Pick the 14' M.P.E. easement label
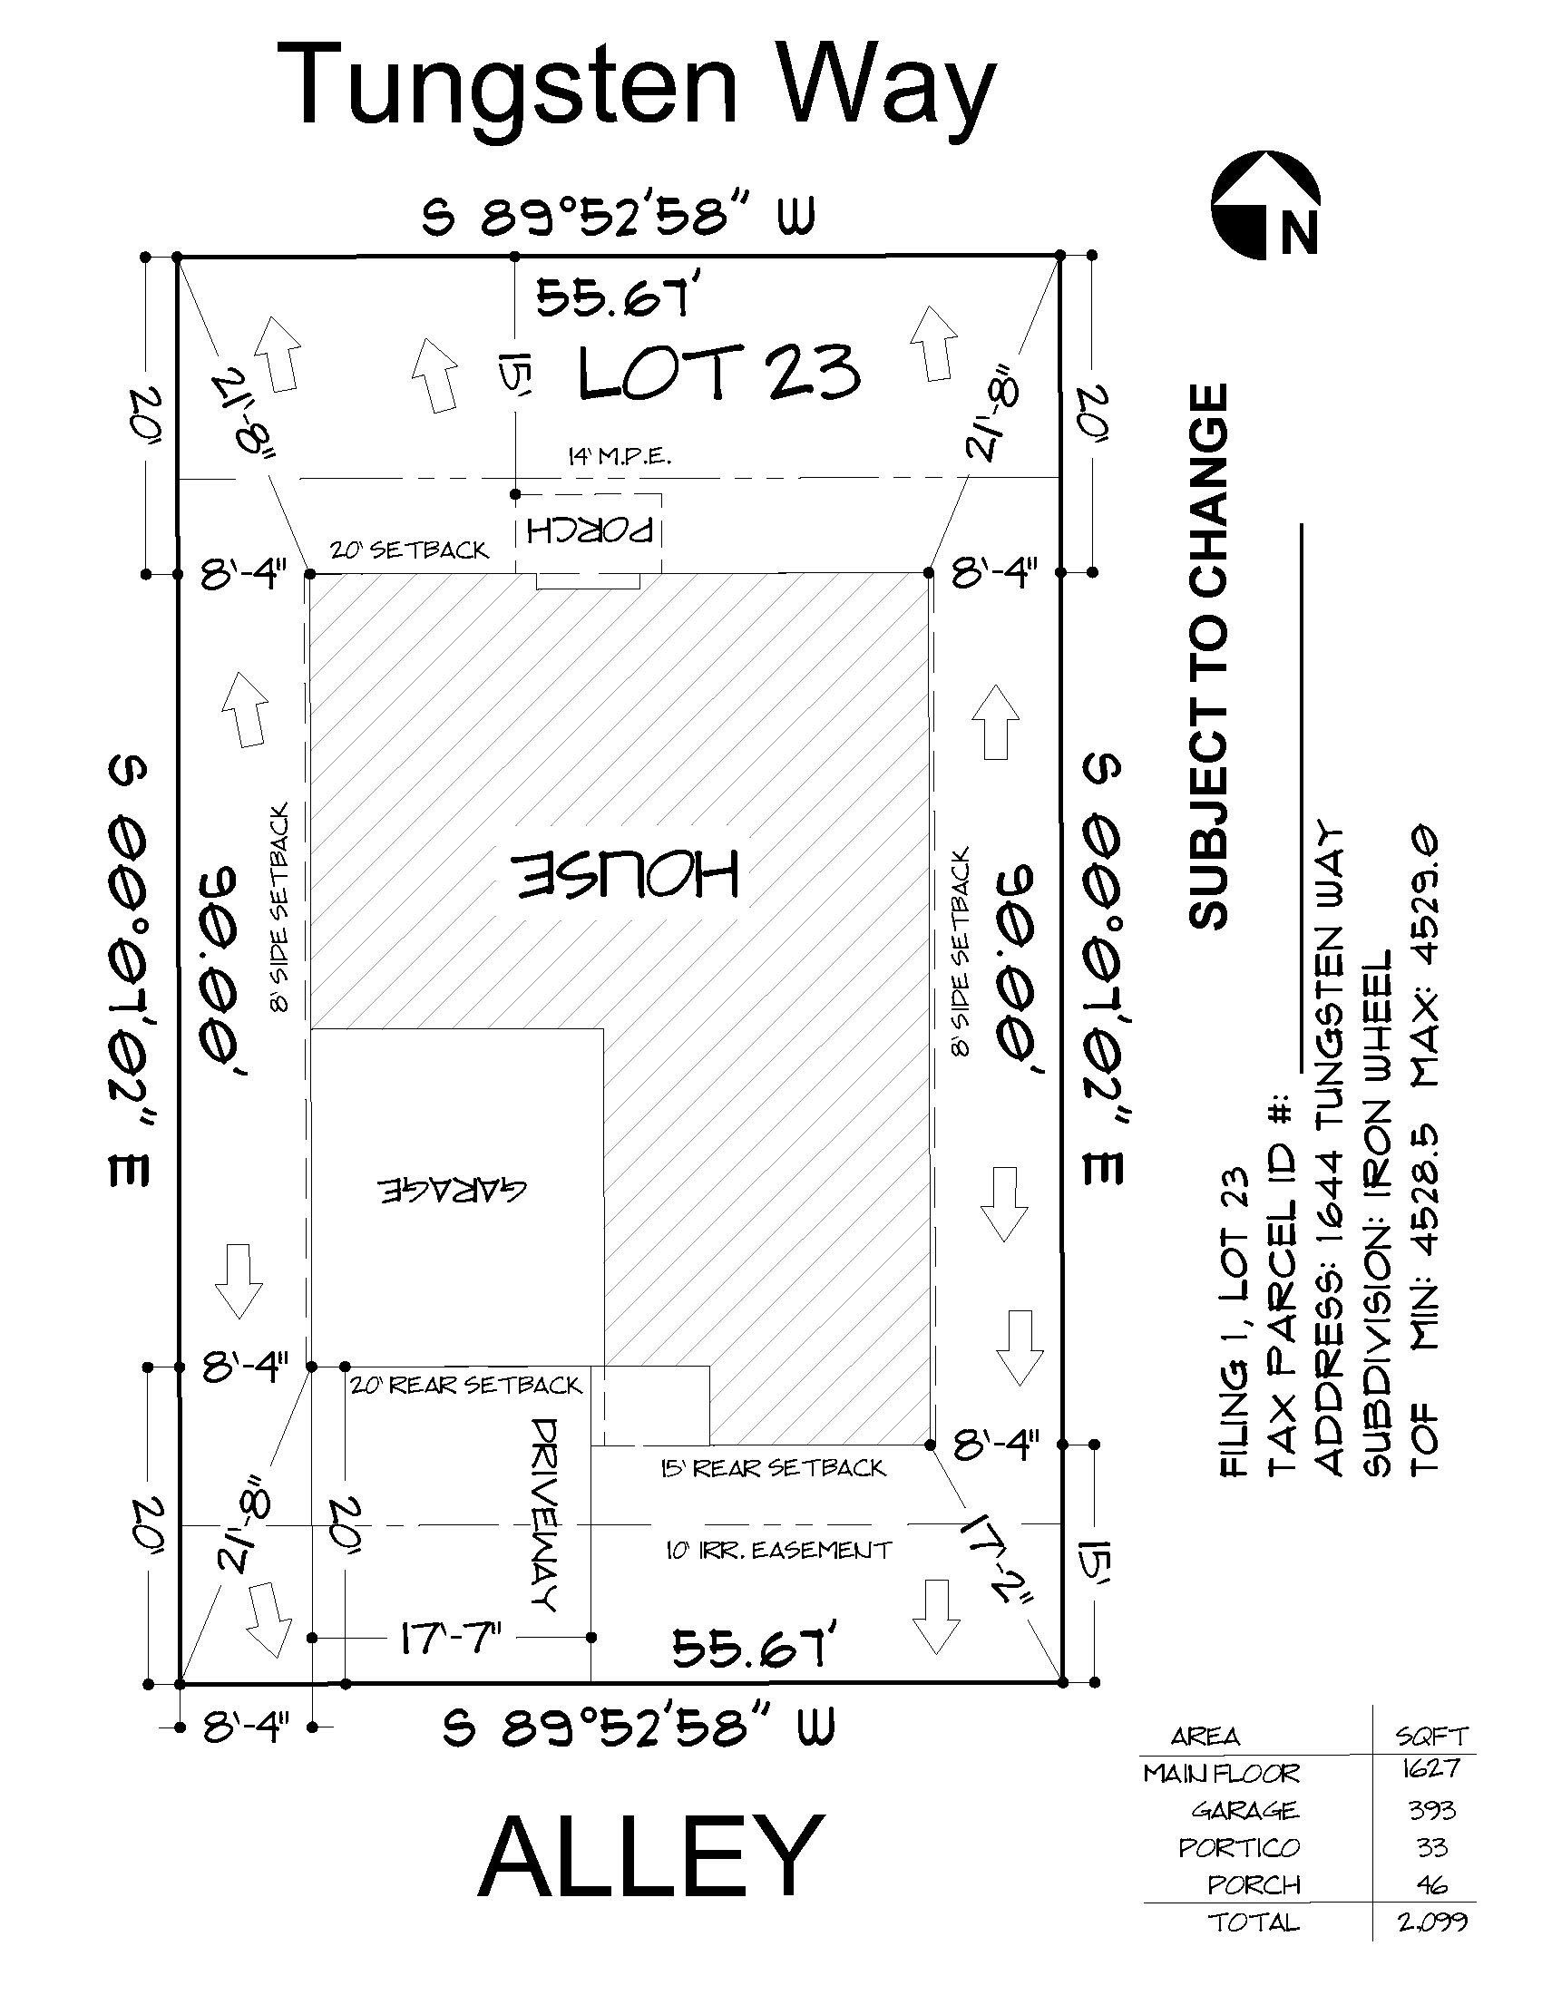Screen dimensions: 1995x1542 (618, 457)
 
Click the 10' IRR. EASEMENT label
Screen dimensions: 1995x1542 (777, 1549)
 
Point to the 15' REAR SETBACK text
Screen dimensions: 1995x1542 (773, 1468)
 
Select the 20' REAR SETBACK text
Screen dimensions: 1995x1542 (465, 1386)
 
